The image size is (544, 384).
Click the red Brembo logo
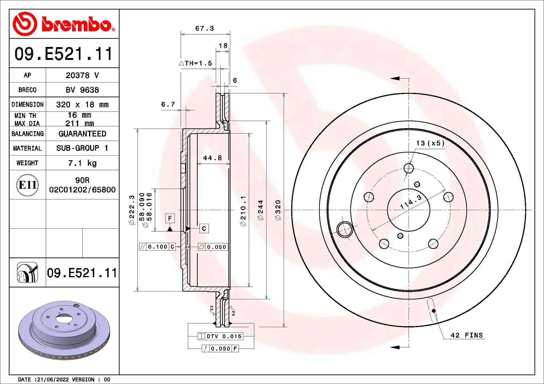(x=64, y=24)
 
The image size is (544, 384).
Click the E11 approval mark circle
(x=27, y=185)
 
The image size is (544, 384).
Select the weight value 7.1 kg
(x=82, y=163)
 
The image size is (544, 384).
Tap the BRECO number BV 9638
(x=82, y=90)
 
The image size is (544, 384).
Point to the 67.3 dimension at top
(x=204, y=28)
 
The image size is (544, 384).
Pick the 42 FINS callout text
(x=466, y=335)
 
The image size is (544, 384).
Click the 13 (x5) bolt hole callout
(x=430, y=143)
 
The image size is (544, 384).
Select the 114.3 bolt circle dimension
(x=411, y=202)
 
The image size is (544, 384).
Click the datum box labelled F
(x=170, y=218)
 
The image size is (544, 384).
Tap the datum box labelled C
(x=204, y=228)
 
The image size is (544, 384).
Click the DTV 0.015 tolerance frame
(x=220, y=336)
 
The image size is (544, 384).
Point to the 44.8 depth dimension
(x=213, y=158)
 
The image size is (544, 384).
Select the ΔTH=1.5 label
(x=195, y=63)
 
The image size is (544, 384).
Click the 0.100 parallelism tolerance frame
(x=157, y=247)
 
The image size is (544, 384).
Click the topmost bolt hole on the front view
(x=409, y=168)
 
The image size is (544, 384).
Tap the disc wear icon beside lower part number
(x=27, y=272)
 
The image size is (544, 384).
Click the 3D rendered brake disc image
(x=64, y=330)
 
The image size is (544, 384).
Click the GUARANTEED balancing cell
(x=82, y=134)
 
